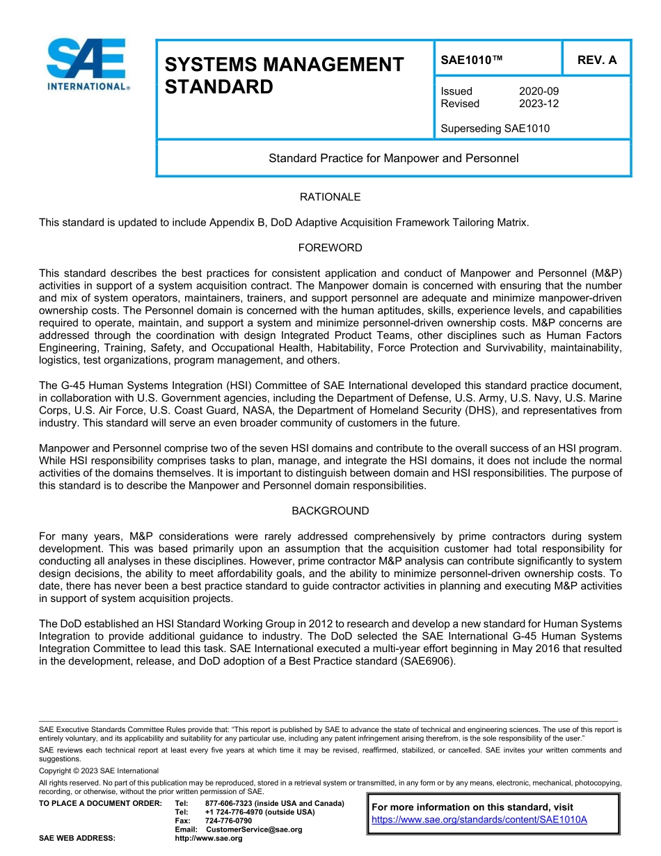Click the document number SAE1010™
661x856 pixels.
coord(471,60)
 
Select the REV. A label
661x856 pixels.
coord(596,60)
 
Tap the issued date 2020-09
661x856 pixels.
coord(539,91)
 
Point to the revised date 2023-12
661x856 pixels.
coord(539,104)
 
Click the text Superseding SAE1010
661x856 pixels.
coord(495,128)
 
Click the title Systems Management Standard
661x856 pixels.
coord(284,76)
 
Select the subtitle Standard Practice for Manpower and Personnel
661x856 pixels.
coord(393,158)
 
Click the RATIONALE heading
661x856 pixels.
coord(330,197)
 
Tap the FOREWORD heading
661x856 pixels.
coord(330,248)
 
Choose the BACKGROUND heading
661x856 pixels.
coord(330,511)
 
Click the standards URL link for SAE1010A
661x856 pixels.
coord(479,819)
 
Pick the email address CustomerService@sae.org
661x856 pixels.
coord(254,830)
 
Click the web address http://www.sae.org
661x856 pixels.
coord(209,838)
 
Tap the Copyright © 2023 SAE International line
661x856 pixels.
coord(99,770)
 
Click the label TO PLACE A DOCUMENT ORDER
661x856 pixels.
coord(100,803)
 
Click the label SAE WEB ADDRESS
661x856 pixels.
coord(77,838)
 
